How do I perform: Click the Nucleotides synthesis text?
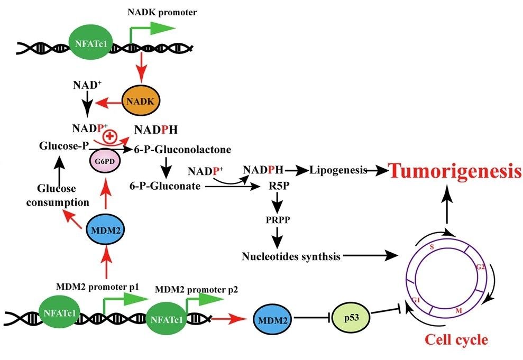pyautogui.click(x=290, y=257)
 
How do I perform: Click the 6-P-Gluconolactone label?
pyautogui.click(x=182, y=150)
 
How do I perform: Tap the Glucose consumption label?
pyautogui.click(x=63, y=195)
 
